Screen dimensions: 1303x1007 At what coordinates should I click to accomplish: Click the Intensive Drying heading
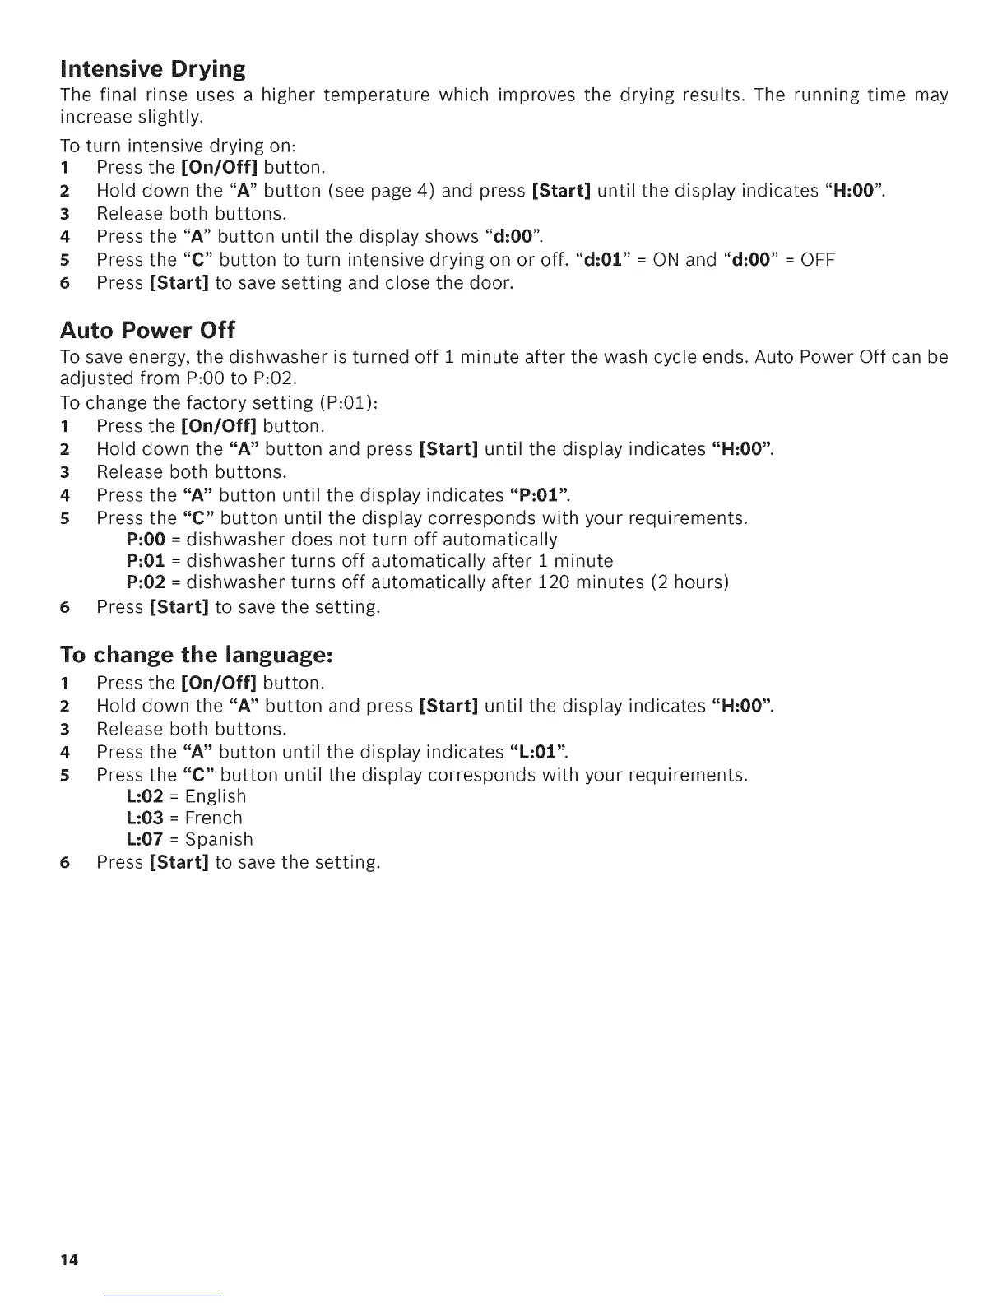tap(153, 68)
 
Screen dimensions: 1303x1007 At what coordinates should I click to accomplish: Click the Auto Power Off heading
tap(147, 331)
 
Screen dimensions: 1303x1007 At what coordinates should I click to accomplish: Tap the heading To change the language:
tap(196, 655)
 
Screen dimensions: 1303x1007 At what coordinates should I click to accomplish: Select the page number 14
tap(68, 1260)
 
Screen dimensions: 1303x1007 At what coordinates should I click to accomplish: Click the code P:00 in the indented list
tap(146, 540)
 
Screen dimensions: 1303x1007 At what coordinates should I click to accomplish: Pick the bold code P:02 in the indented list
tap(146, 582)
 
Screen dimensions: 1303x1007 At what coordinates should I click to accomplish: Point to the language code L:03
tap(146, 818)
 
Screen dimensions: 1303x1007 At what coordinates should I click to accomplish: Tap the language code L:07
tap(146, 839)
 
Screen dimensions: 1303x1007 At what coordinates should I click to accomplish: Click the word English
tap(216, 796)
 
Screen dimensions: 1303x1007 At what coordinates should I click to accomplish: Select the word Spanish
tap(219, 839)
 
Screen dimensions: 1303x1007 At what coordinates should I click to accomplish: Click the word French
tap(214, 818)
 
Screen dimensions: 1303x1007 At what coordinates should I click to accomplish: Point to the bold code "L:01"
tap(540, 752)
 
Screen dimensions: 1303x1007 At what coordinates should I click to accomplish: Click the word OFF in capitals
tap(818, 260)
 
